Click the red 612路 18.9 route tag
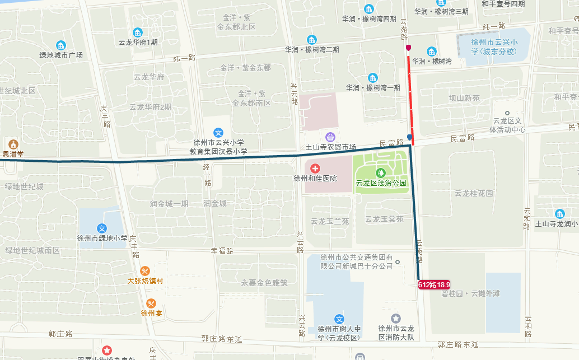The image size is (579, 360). (434, 284)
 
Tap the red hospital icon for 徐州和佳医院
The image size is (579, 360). (315, 168)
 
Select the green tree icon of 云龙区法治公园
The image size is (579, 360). (381, 172)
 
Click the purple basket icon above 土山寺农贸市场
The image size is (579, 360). (330, 137)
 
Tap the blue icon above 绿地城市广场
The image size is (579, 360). (61, 45)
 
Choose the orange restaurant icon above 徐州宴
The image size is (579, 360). (151, 303)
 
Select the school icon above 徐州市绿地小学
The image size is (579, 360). (102, 228)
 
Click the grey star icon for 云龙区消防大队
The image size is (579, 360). (396, 318)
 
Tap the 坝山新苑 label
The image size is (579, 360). (464, 98)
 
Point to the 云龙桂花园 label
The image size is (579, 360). (474, 193)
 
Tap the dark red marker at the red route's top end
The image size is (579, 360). (409, 48)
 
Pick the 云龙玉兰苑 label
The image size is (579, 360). (330, 221)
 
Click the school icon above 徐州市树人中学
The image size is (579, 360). (338, 318)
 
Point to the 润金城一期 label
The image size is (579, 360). (169, 203)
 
